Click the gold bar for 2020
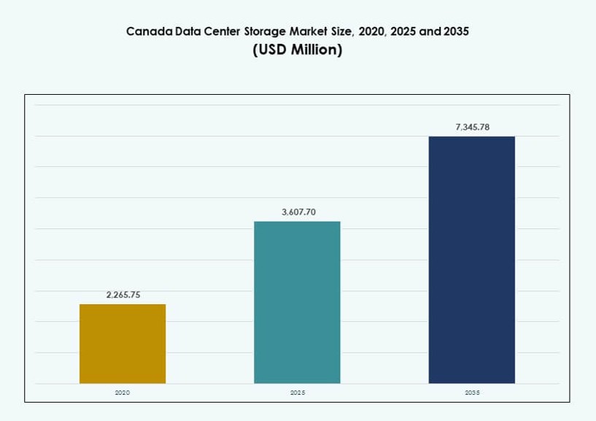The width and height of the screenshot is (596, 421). pos(123,344)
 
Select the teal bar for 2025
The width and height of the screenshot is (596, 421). pos(297,302)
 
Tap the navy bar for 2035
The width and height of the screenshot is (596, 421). pos(471,260)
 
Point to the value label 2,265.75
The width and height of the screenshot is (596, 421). pos(123,295)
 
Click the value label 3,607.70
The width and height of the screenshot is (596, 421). pos(297,212)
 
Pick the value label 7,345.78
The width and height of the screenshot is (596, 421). pos(472,127)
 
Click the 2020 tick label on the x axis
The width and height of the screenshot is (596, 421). pos(123,393)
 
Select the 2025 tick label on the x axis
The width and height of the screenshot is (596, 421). pos(297,393)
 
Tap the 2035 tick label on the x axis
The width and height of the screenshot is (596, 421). pos(472,393)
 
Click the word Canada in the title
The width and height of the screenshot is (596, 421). pos(148,31)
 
